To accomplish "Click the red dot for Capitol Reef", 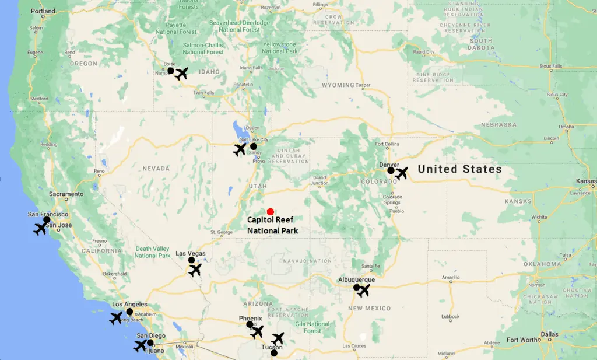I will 270,212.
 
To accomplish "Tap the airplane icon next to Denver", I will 401,173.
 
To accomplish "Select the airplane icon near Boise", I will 182,74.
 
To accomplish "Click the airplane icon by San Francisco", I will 40,228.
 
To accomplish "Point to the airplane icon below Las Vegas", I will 195,270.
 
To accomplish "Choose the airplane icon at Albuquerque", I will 363,290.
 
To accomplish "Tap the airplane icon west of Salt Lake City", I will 240,149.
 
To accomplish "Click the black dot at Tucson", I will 274,352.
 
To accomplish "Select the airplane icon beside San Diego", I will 140,345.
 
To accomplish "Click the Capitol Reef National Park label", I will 273,225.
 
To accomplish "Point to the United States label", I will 459,169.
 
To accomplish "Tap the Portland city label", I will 43,11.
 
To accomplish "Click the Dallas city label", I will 549,335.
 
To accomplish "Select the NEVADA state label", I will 156,168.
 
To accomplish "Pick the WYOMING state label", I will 338,85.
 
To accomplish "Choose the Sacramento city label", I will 66,194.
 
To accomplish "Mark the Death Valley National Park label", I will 153,252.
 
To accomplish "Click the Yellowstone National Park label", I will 280,47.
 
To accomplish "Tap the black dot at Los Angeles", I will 129,312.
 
